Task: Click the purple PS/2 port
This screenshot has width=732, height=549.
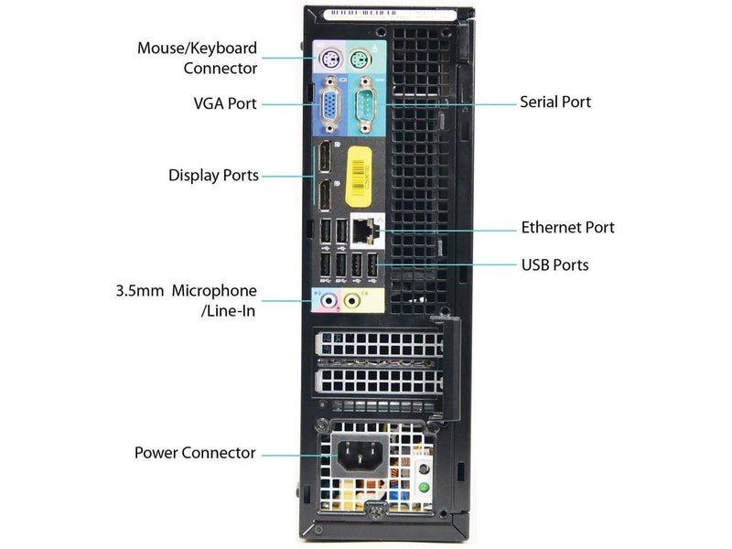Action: click(328, 59)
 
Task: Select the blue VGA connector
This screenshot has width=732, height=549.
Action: click(328, 109)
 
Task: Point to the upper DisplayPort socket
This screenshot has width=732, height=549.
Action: click(325, 162)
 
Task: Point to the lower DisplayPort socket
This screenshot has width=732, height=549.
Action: click(325, 194)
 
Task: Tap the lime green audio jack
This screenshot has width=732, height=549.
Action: click(353, 299)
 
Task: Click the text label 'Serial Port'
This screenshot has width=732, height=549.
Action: click(555, 102)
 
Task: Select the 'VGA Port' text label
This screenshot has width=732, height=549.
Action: click(225, 103)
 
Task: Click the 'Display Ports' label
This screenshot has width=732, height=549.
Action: click(213, 175)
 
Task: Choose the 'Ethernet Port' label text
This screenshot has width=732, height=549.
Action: click(567, 227)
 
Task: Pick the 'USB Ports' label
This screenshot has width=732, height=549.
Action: click(554, 265)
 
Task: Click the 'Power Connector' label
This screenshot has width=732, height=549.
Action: click(195, 452)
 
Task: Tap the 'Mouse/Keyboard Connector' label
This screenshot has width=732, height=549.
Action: click(197, 58)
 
